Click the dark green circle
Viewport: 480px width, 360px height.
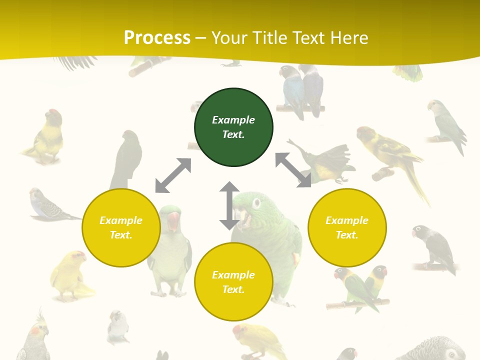tap(233, 127)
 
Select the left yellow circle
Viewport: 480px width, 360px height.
tap(121, 227)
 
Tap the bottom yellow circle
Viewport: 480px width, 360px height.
tap(233, 282)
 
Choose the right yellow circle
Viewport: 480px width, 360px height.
tap(347, 227)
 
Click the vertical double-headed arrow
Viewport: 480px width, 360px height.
tap(229, 205)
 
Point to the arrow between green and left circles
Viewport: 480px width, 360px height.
tap(173, 175)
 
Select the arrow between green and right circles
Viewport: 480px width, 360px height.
tap(293, 170)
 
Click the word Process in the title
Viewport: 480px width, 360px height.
tap(157, 37)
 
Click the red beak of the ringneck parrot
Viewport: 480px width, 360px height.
tap(172, 220)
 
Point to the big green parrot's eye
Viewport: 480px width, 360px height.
tap(256, 203)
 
